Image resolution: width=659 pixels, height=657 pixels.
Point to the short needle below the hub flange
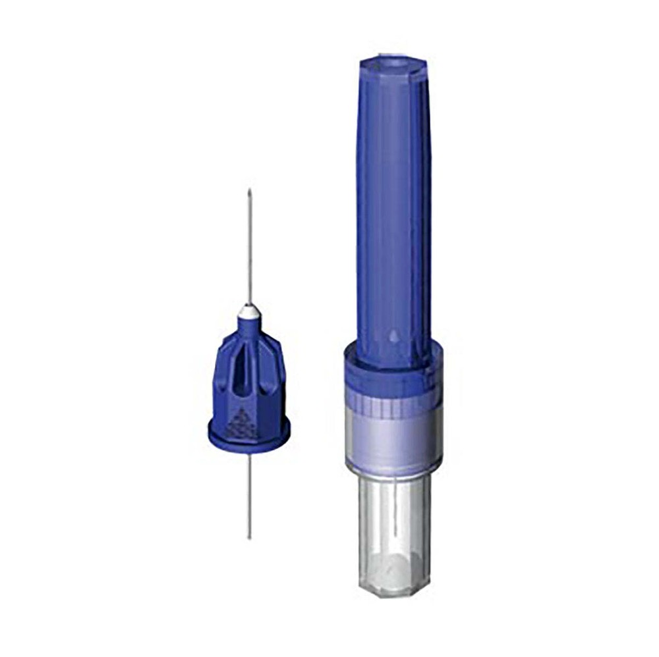pyautogui.click(x=249, y=494)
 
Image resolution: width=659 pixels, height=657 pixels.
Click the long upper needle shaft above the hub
pyautogui.click(x=249, y=250)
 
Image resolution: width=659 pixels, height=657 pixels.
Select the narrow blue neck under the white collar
pyautogui.click(x=248, y=323)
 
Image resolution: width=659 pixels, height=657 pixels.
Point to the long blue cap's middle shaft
pyautogui.click(x=393, y=197)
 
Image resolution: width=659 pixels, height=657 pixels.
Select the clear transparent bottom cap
pyautogui.click(x=394, y=527)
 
